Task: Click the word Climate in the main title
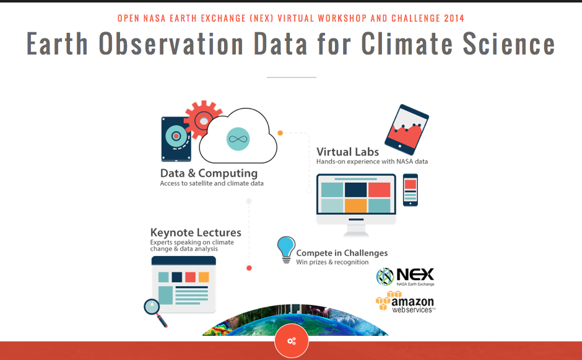click(407, 44)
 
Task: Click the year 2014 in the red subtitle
click(454, 18)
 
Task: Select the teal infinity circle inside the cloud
click(238, 139)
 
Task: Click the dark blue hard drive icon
click(176, 139)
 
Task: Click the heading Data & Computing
click(209, 173)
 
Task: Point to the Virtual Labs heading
click(347, 152)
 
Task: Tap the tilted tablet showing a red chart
click(406, 130)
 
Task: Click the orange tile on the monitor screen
click(355, 206)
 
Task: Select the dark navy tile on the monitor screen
click(355, 190)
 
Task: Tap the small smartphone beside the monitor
click(410, 190)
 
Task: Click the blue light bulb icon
click(286, 250)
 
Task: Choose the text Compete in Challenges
click(342, 253)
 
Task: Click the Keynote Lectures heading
click(196, 232)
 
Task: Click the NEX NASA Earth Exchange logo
click(406, 277)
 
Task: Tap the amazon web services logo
click(406, 302)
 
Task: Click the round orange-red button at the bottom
click(292, 341)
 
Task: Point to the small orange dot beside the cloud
click(280, 133)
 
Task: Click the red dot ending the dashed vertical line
click(249, 268)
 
